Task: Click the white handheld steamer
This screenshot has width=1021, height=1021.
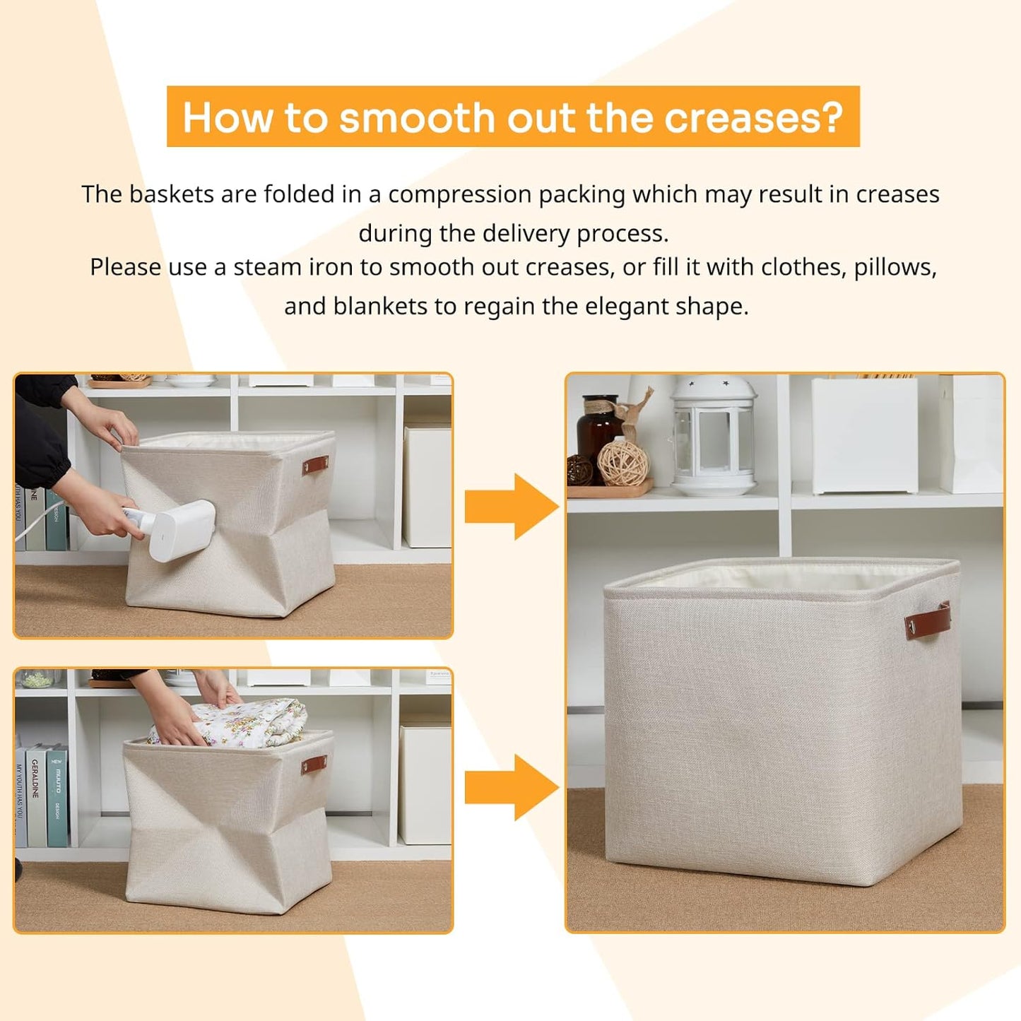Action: pyautogui.click(x=180, y=529)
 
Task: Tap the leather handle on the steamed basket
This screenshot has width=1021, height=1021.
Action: pyautogui.click(x=316, y=466)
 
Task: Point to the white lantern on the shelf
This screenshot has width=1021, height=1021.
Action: pyautogui.click(x=714, y=435)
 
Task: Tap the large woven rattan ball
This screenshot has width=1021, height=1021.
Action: pyautogui.click(x=622, y=463)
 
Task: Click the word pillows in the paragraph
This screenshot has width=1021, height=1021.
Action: pyautogui.click(x=895, y=268)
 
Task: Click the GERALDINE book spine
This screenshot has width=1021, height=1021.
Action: pyautogui.click(x=35, y=795)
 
